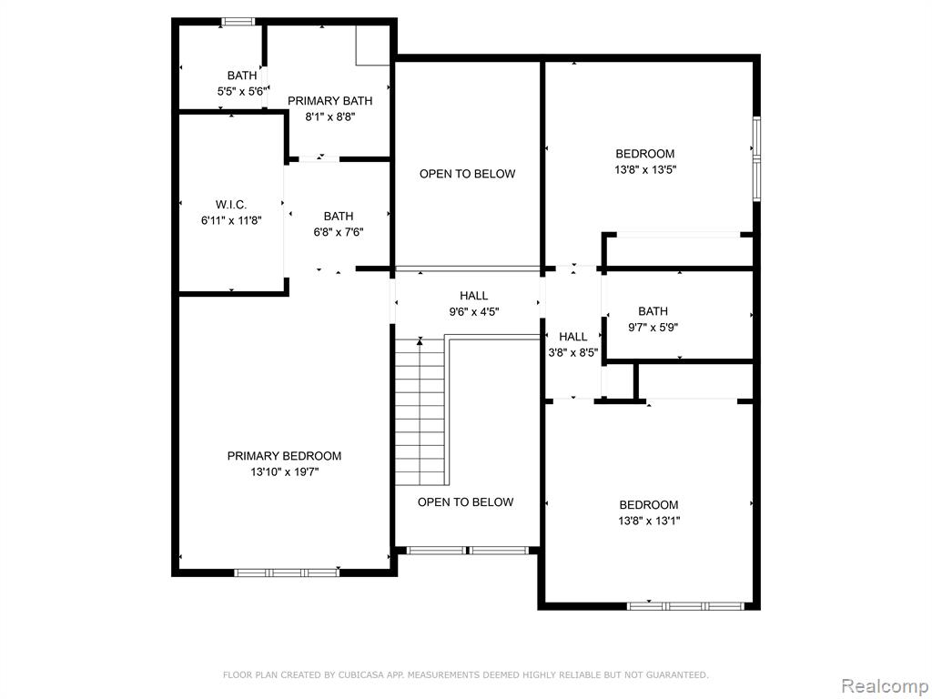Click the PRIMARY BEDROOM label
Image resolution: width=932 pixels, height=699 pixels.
point(284,456)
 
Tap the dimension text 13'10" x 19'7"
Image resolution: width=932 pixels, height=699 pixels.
point(285,472)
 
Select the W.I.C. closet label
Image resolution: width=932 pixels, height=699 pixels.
point(231,205)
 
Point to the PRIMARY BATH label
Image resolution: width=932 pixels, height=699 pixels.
point(329,101)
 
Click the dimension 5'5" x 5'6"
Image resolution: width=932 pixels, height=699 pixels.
point(242,92)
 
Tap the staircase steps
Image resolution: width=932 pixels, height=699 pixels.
point(420,412)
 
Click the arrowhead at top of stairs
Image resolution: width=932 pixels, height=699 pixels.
point(420,341)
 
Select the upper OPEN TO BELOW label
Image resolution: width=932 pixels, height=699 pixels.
point(467,174)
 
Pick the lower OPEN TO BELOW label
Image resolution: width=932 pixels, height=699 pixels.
point(465,502)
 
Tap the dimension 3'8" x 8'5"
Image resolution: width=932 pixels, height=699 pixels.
point(572,352)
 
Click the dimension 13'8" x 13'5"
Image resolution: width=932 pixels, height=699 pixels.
point(645,170)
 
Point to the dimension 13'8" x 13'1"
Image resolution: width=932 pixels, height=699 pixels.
point(648,522)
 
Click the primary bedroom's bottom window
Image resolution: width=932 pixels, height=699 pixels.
point(287,573)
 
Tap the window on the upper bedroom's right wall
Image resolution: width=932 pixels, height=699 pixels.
point(756,158)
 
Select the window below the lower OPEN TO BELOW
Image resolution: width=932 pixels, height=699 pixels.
point(467,551)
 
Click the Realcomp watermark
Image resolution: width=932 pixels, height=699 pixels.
point(885,686)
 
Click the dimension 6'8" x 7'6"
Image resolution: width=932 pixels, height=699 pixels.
point(339,232)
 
